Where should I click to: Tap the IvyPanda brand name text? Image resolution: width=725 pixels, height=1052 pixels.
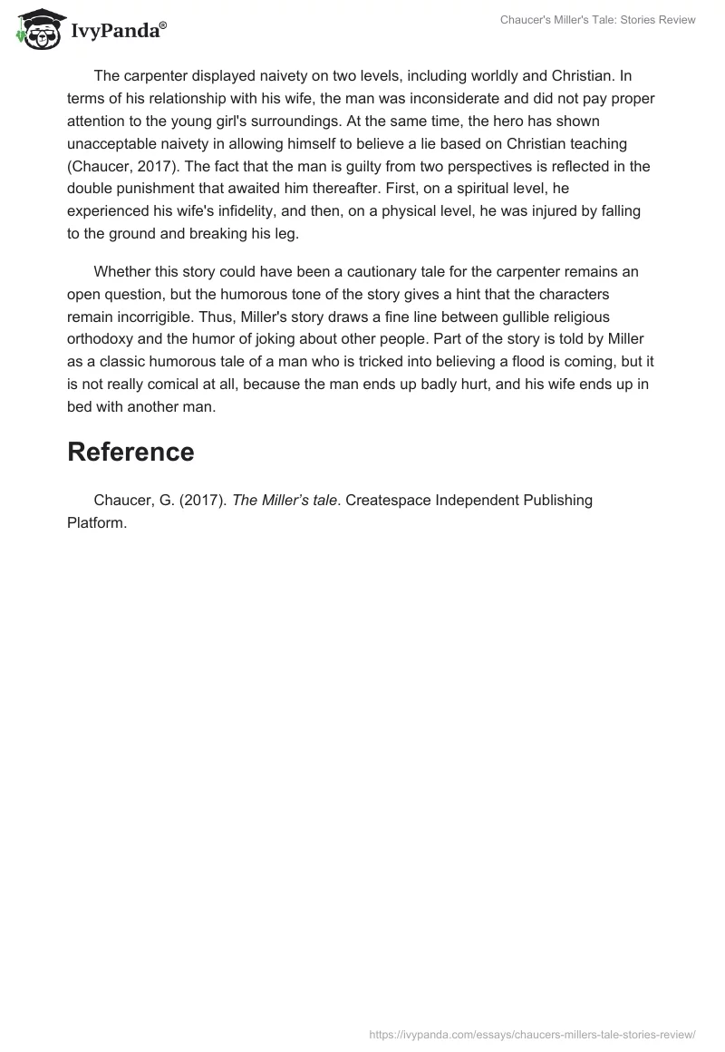coord(118,31)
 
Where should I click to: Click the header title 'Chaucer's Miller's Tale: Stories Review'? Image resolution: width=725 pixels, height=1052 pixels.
coord(597,20)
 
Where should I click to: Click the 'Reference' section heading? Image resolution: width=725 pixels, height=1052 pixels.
coord(130,452)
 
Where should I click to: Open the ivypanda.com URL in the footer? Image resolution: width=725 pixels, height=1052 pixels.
coord(532,1033)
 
